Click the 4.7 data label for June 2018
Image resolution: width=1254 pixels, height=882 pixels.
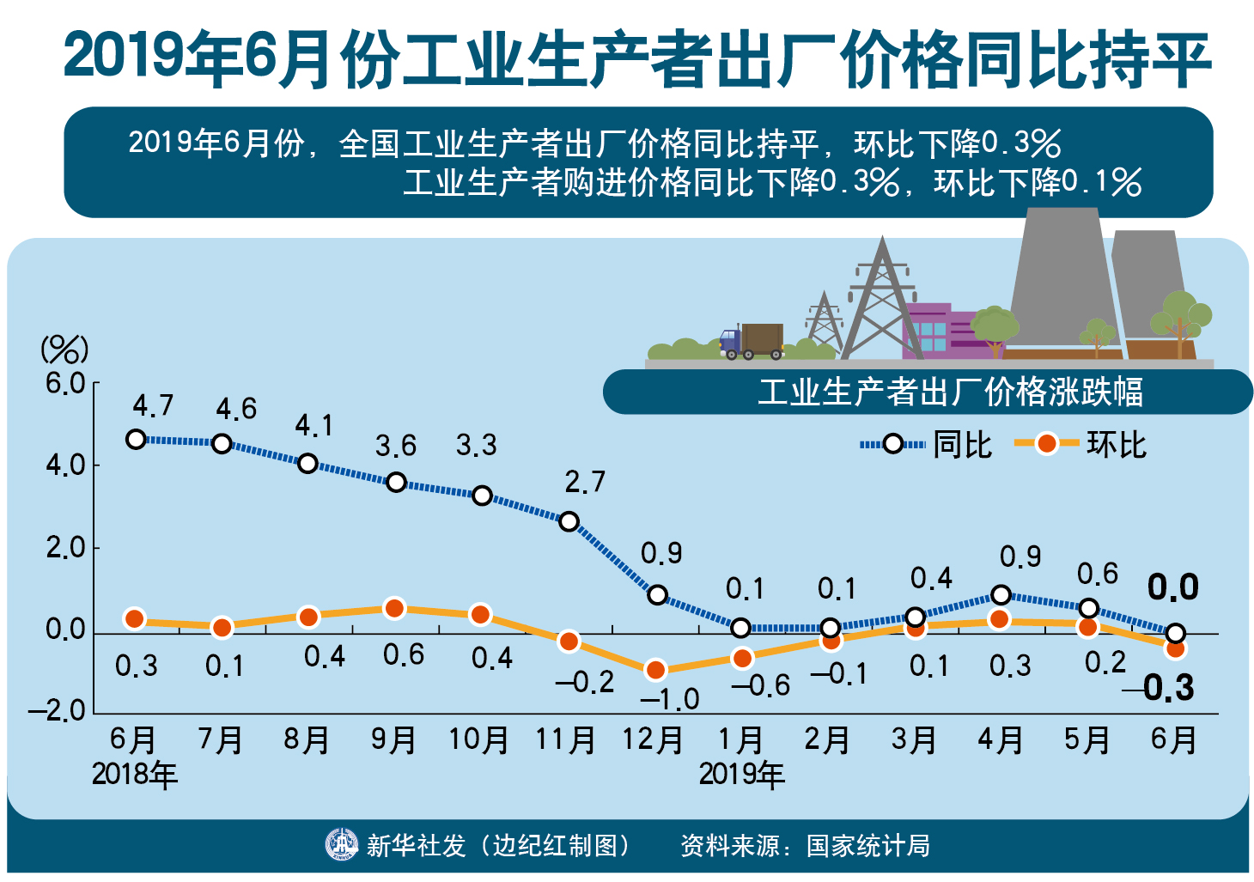pos(153,405)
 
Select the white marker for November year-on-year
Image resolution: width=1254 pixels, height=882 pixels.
pos(569,521)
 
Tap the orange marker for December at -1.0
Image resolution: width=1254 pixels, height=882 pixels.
pos(655,670)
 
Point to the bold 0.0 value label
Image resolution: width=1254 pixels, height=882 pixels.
pos(1172,587)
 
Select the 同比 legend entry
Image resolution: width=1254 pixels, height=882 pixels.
pos(927,444)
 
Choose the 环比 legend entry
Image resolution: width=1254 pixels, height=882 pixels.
pos(1081,444)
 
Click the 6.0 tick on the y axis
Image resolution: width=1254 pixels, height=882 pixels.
pos(65,383)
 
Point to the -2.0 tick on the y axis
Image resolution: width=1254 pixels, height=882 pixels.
pos(58,711)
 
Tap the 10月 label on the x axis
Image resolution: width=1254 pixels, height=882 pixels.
pos(479,739)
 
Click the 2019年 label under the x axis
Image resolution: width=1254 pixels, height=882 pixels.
pos(741,775)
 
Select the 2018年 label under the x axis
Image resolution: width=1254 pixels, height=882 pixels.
pos(135,775)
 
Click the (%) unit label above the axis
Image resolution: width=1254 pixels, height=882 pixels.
pos(64,350)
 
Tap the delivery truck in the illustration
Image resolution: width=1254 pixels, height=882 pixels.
pos(752,341)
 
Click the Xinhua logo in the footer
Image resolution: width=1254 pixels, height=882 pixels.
pos(341,845)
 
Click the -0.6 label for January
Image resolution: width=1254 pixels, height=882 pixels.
pos(760,685)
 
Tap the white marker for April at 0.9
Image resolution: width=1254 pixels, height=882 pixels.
pos(1001,594)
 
